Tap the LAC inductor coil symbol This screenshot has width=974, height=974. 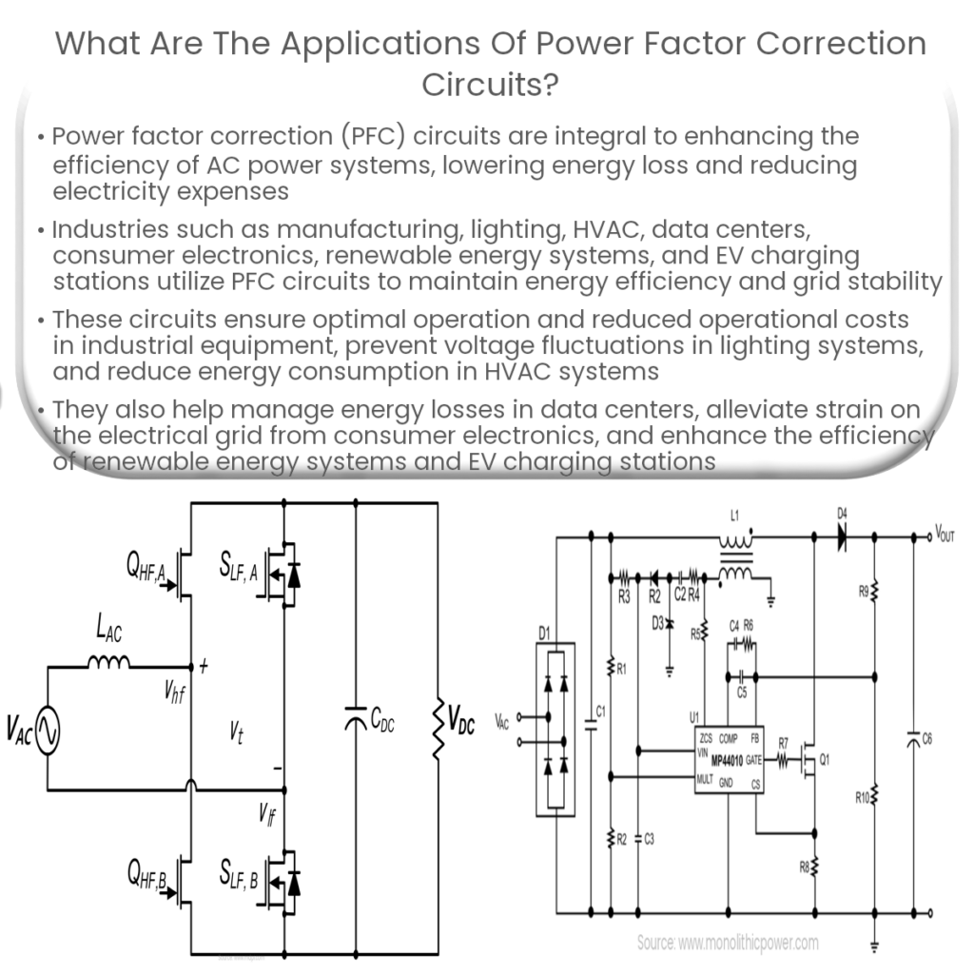click(x=108, y=663)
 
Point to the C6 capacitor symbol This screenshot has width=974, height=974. click(x=914, y=738)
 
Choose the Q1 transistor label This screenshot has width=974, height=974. click(x=824, y=760)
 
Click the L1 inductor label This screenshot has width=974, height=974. click(x=732, y=515)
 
